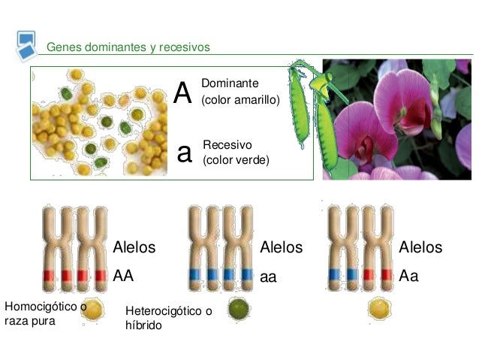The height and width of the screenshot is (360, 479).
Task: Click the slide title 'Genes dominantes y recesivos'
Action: pyautogui.click(x=128, y=47)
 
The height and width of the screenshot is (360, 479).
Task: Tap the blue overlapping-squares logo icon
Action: pyautogui.click(x=26, y=46)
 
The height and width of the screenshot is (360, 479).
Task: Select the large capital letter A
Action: pyautogui.click(x=182, y=92)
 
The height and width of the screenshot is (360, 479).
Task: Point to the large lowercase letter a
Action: pyautogui.click(x=185, y=153)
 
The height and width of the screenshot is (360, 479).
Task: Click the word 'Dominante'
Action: pyautogui.click(x=230, y=83)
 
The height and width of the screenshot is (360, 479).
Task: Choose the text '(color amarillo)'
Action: pyautogui.click(x=240, y=100)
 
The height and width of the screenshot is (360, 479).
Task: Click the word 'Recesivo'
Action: pyautogui.click(x=227, y=144)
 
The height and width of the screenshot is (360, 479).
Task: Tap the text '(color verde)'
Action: pyautogui.click(x=236, y=160)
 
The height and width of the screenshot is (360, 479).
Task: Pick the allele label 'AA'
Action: pyautogui.click(x=123, y=276)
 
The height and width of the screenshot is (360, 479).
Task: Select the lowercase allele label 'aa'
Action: pyautogui.click(x=268, y=277)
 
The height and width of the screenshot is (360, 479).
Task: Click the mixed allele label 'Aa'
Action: pyautogui.click(x=408, y=276)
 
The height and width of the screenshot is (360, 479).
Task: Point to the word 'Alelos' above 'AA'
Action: pyautogui.click(x=134, y=247)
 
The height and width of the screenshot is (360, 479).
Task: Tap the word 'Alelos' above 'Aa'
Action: pyautogui.click(x=420, y=247)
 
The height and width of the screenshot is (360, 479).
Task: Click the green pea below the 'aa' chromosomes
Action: pyautogui.click(x=239, y=309)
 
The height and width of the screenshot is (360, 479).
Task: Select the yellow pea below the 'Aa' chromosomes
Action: pyautogui.click(x=379, y=307)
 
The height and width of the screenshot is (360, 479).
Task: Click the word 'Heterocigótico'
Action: pyautogui.click(x=164, y=311)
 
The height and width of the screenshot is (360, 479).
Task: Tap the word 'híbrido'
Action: pyautogui.click(x=143, y=325)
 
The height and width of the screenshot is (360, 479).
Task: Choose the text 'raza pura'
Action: pyautogui.click(x=30, y=321)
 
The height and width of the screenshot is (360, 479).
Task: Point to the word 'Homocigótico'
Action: pyautogui.click(x=41, y=307)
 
